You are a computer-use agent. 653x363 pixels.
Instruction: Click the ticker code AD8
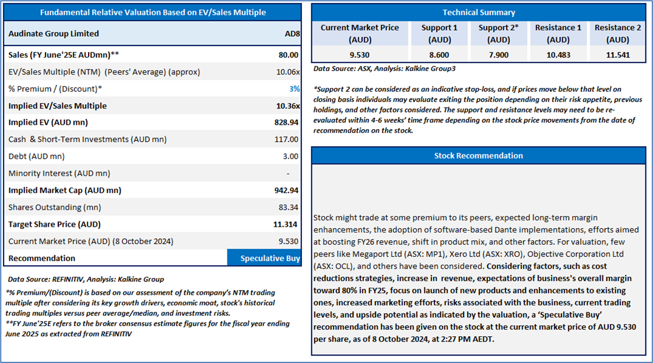point(292,34)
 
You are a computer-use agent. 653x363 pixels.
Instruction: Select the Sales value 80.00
point(288,55)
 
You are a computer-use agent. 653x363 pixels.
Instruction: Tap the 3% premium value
point(294,89)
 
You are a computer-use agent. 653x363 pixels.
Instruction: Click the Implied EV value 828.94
point(286,122)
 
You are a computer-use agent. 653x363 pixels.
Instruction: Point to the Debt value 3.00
point(290,157)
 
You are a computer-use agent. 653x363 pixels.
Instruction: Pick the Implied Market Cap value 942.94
point(286,191)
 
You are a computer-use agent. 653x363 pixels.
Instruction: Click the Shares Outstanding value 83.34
point(288,207)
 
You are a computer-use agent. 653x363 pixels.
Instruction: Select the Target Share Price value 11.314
point(285,224)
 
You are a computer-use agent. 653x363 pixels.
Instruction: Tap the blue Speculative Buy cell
point(264,258)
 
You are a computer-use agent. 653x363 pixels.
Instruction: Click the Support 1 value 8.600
point(439,55)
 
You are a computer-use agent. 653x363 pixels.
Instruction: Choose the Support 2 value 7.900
point(498,55)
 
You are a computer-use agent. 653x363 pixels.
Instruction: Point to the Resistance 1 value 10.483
point(559,55)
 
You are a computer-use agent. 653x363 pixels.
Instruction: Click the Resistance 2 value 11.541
point(618,55)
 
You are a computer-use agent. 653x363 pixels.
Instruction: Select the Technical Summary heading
point(479,12)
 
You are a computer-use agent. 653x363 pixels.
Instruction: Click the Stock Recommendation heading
point(479,156)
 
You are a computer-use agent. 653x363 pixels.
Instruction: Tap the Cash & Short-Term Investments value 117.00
point(286,139)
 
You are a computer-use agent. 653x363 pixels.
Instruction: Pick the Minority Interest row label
point(59,174)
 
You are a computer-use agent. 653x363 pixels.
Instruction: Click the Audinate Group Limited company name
point(54,34)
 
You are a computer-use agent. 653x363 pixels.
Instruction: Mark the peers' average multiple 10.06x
point(288,72)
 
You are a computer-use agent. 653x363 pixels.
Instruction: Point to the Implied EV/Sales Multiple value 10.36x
point(288,105)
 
